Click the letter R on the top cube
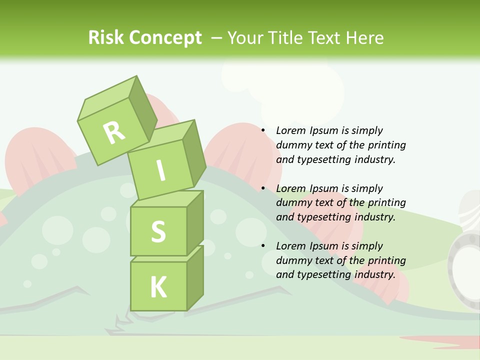(x=114, y=132)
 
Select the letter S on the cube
(x=158, y=231)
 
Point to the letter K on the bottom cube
(x=158, y=287)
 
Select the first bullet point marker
(x=263, y=131)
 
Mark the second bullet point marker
(x=263, y=189)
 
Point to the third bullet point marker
(x=263, y=246)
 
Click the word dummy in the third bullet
(x=292, y=260)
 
